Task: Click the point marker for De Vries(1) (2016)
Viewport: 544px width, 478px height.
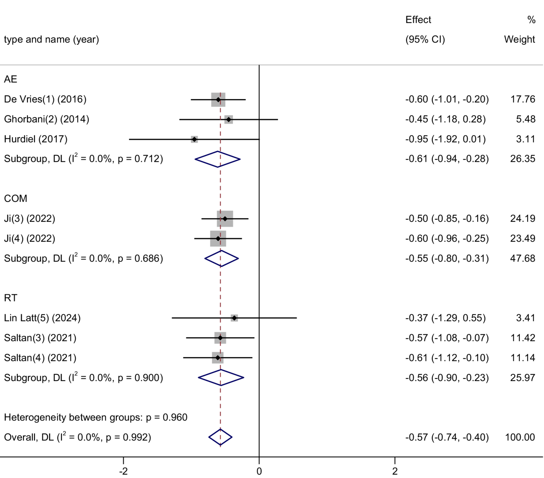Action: pos(218,100)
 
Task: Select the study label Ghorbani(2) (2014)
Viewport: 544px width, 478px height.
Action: pos(46,119)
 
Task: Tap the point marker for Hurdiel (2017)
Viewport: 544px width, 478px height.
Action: pos(194,139)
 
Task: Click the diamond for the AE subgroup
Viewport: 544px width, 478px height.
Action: pos(218,159)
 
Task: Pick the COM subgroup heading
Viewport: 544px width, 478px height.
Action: pos(16,198)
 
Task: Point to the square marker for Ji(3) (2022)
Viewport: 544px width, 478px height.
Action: pos(225,219)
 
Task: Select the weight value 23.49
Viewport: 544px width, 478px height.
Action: pos(522,238)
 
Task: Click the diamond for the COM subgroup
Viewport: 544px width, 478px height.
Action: pos(221,259)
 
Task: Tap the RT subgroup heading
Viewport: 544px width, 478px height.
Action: pos(11,298)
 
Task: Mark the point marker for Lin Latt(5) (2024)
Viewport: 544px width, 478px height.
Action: pos(234,318)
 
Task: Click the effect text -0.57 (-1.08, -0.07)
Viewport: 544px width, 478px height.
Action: pos(447,338)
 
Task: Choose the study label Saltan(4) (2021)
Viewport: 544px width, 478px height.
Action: pos(40,358)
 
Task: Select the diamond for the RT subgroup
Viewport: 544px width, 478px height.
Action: pos(221,378)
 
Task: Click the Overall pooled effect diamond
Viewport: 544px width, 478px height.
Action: pos(220,437)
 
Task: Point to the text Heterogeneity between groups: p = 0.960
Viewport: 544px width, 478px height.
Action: pos(95,417)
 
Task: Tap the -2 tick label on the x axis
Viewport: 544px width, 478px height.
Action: pos(123,471)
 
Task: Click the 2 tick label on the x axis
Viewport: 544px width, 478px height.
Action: pos(395,471)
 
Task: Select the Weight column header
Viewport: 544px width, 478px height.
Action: pos(519,39)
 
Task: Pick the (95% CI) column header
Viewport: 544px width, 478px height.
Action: pos(425,39)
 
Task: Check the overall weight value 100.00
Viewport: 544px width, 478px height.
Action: pos(520,437)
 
